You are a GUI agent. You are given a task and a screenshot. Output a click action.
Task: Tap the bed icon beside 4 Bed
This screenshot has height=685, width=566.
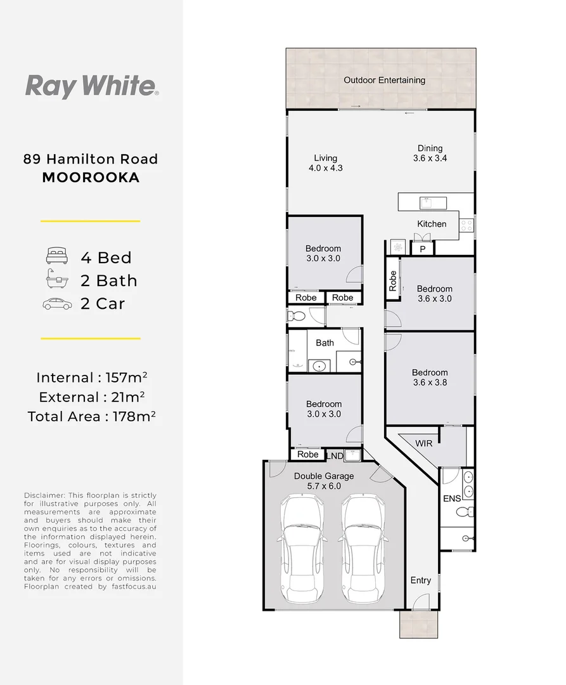(x=57, y=257)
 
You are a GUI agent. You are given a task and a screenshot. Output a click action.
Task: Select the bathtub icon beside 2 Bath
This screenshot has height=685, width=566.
(x=57, y=280)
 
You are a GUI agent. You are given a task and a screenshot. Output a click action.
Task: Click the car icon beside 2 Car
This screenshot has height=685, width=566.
(x=57, y=304)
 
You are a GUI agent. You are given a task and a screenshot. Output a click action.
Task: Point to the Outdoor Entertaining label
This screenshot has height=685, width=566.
(x=384, y=81)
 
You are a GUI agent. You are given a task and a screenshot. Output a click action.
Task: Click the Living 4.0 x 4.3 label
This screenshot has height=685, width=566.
(x=326, y=163)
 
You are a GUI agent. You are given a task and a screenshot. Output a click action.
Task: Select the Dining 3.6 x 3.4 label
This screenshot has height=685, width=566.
(x=430, y=153)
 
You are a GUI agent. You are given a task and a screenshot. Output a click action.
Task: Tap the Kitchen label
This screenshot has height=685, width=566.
(x=432, y=224)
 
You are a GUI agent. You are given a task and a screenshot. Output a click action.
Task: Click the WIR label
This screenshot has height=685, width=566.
(x=424, y=443)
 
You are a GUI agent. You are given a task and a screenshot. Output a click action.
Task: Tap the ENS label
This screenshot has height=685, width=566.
(x=451, y=499)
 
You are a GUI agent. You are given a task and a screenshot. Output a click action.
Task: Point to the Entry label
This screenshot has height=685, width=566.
(x=420, y=580)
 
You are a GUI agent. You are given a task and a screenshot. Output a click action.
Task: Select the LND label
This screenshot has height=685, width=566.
(x=334, y=455)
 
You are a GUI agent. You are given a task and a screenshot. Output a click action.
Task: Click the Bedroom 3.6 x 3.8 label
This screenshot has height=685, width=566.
(x=430, y=377)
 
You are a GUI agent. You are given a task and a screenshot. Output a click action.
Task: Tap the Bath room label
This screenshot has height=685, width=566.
(x=325, y=342)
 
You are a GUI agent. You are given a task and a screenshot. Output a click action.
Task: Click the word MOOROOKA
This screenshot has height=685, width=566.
(x=91, y=178)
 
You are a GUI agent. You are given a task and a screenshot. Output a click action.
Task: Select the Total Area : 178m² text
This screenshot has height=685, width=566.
(x=91, y=416)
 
